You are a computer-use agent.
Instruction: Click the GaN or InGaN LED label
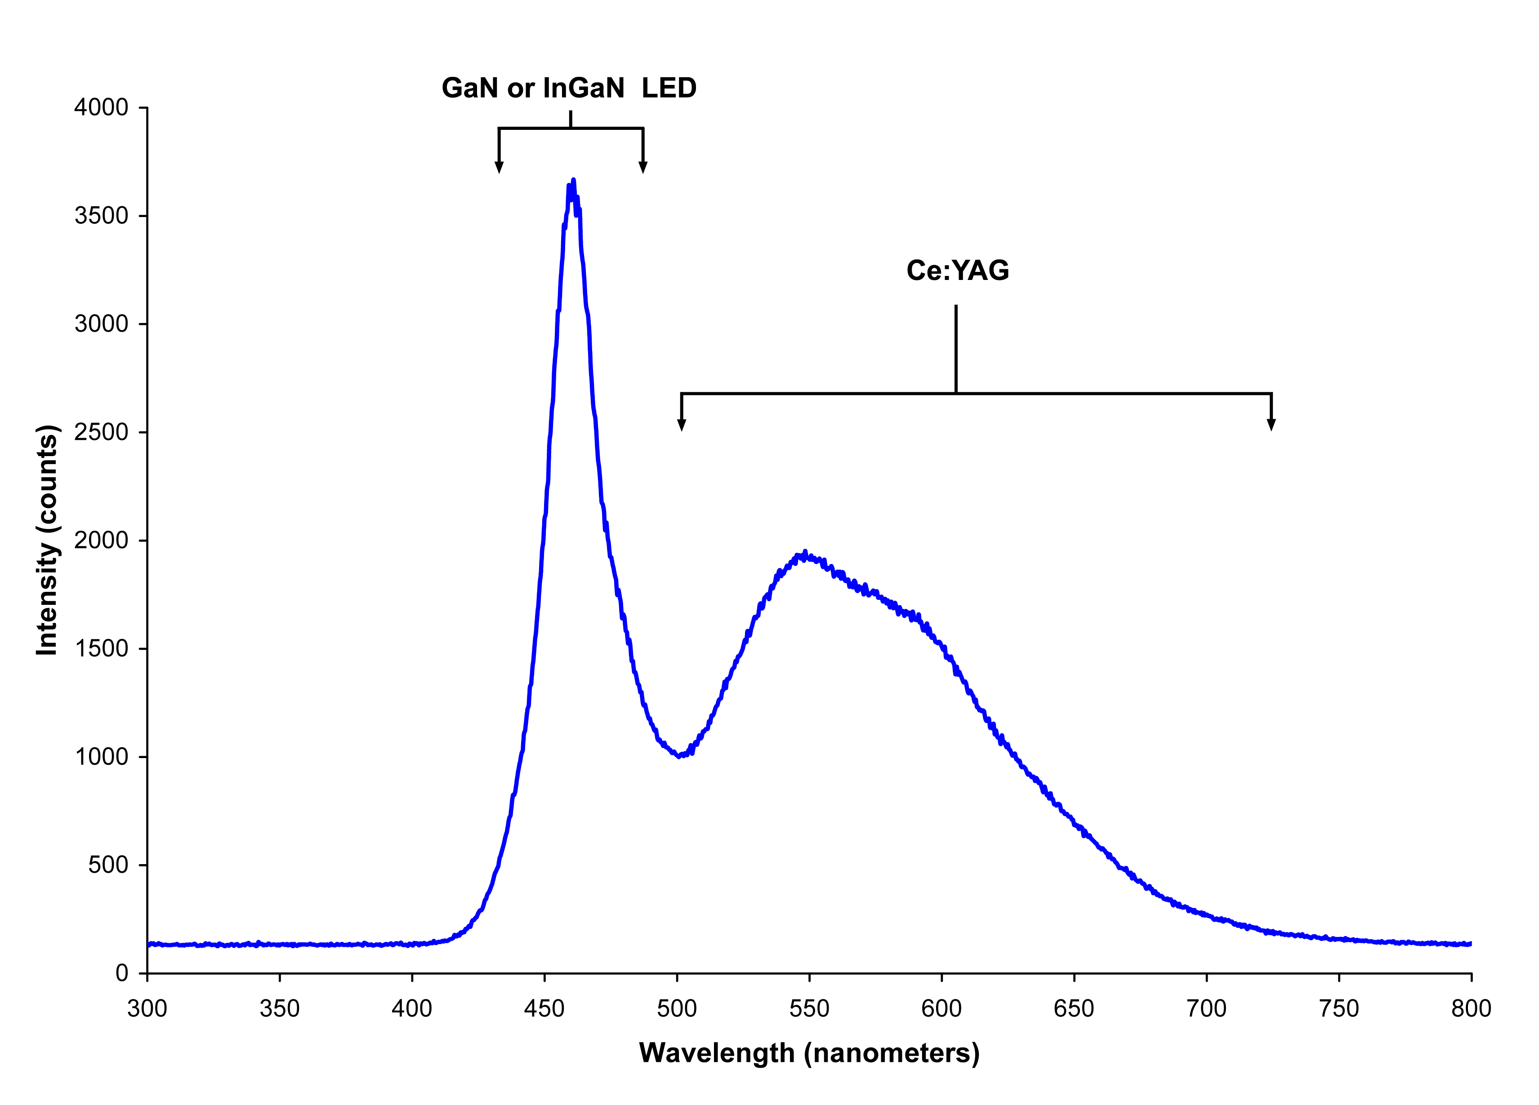pos(569,88)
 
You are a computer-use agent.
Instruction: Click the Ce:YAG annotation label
pos(958,271)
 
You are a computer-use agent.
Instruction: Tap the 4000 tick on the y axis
pos(101,107)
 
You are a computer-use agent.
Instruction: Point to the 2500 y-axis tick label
pos(101,432)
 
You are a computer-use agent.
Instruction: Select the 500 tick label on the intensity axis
pos(108,865)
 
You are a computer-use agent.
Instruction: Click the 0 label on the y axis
pos(122,973)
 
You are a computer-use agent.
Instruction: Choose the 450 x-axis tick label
pos(544,1009)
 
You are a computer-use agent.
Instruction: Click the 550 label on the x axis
pos(809,1009)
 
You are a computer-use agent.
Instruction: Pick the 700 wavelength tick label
pos(1206,1009)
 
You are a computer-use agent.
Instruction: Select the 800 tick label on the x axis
pos(1471,1009)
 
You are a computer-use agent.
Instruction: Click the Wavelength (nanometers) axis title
pos(809,1053)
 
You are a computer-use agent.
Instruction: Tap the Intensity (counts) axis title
pos(48,540)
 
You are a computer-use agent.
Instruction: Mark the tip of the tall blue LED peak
pos(573,181)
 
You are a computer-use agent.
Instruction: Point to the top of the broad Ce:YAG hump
pos(805,553)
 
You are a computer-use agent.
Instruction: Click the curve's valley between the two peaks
pos(679,755)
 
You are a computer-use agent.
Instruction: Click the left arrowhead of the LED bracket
pos(499,168)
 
